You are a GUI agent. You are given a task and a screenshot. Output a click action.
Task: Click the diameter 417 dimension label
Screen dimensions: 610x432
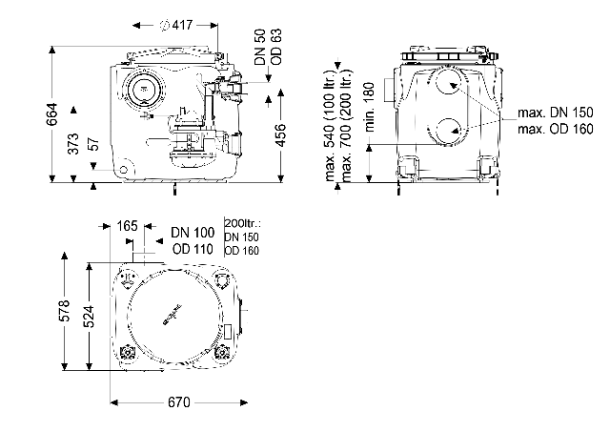click(x=176, y=25)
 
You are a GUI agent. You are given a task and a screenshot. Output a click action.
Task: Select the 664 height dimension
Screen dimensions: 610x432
click(x=51, y=113)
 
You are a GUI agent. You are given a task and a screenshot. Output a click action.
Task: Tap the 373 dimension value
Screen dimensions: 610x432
click(x=73, y=144)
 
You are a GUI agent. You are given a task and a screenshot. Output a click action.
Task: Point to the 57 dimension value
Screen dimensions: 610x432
click(x=94, y=144)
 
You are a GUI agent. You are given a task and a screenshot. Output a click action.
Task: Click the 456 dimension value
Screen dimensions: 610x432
click(x=280, y=134)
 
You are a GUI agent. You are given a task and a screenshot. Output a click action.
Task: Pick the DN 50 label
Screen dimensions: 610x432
click(x=260, y=47)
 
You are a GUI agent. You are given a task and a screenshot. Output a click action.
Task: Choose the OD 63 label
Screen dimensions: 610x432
click(x=276, y=47)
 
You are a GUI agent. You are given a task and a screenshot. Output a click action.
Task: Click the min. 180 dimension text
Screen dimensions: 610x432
click(x=370, y=106)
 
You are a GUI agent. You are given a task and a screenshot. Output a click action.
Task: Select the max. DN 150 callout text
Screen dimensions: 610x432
click(x=555, y=113)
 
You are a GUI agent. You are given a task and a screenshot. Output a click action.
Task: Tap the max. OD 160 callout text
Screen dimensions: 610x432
click(x=555, y=129)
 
